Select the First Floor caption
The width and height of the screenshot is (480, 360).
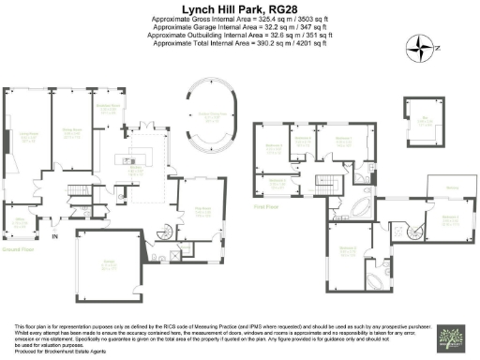tap(267, 204)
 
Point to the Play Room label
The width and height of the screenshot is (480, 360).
tap(202, 210)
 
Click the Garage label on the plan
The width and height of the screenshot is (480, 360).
tap(109, 265)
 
